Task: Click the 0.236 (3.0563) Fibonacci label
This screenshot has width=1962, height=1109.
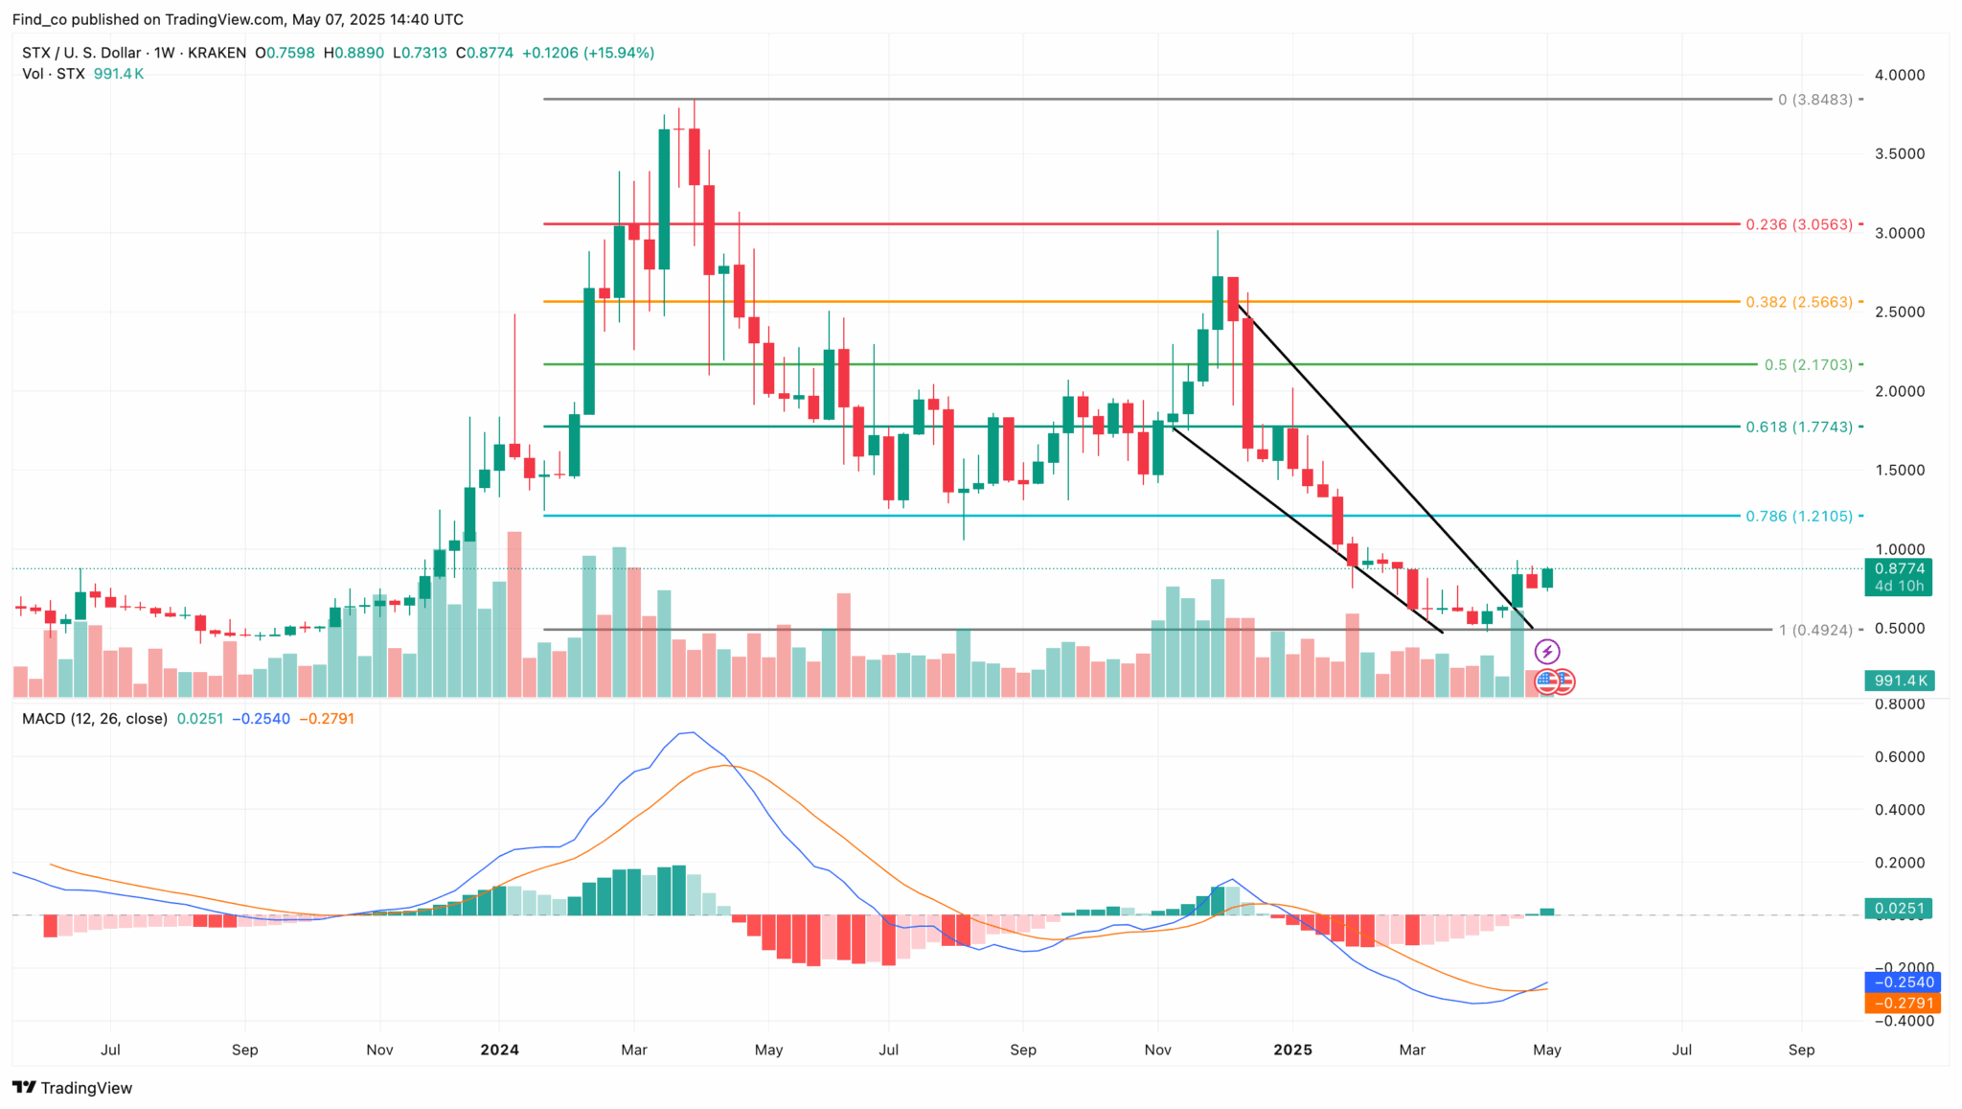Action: pos(1798,224)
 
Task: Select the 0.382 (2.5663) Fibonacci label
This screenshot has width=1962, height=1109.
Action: pos(1798,302)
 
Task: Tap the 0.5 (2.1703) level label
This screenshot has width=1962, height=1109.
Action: pos(1808,364)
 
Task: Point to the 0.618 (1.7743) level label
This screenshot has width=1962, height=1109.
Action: pos(1798,427)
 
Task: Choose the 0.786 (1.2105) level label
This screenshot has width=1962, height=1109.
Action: pos(1798,516)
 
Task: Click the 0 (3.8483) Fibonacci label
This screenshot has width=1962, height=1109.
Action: pos(1814,100)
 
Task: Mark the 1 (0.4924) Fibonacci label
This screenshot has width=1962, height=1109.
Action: pos(1814,630)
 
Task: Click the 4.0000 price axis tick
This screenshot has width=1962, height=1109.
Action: pos(1899,75)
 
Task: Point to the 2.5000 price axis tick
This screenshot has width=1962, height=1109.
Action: pos(1899,312)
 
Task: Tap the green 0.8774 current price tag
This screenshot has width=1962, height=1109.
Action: pos(1898,569)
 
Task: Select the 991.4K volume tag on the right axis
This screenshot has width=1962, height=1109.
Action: pos(1900,681)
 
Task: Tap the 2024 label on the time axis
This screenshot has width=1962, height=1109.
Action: pos(499,1050)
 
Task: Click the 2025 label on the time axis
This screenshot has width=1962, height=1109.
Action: pos(1291,1050)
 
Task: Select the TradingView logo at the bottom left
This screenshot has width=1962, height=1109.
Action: pos(73,1088)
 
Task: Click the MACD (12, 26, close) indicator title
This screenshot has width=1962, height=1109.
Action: pos(95,719)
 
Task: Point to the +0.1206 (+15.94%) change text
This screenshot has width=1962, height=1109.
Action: pos(587,53)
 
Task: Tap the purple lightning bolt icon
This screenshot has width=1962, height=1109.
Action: pos(1546,653)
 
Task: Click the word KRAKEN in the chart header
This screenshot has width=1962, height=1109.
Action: pos(217,53)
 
